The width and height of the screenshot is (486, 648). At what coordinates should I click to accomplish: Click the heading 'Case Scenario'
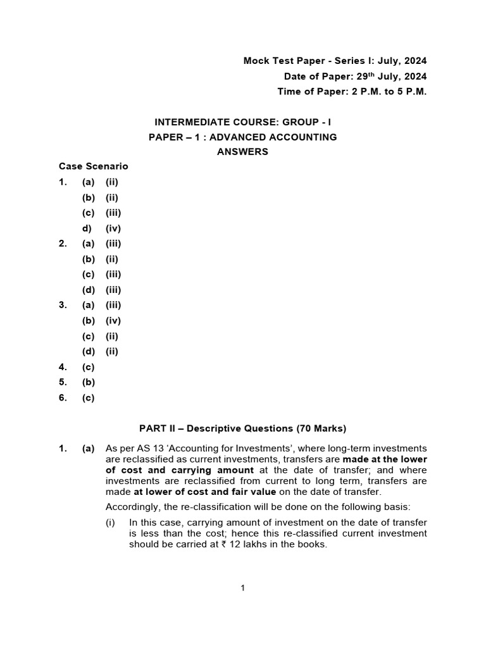click(93, 166)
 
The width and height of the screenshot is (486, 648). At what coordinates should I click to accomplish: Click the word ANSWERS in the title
click(242, 152)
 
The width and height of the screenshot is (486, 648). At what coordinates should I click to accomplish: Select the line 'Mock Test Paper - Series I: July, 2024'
click(335, 61)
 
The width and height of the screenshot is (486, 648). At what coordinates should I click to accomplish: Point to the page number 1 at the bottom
click(242, 588)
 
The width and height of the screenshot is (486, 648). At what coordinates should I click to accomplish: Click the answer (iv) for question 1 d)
click(113, 228)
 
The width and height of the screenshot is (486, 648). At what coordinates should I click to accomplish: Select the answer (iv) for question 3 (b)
click(113, 321)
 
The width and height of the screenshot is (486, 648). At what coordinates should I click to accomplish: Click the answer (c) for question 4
click(88, 367)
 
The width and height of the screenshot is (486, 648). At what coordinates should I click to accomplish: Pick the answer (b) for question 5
click(88, 382)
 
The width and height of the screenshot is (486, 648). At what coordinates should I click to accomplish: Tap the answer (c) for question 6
click(88, 398)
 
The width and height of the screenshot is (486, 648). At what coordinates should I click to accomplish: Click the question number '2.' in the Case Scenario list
click(63, 244)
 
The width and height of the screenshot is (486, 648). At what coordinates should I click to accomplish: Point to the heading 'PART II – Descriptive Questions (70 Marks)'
click(242, 428)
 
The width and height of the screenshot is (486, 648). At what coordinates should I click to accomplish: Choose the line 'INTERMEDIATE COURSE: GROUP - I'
click(242, 121)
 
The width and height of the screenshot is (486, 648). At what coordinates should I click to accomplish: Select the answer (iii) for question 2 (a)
click(113, 244)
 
